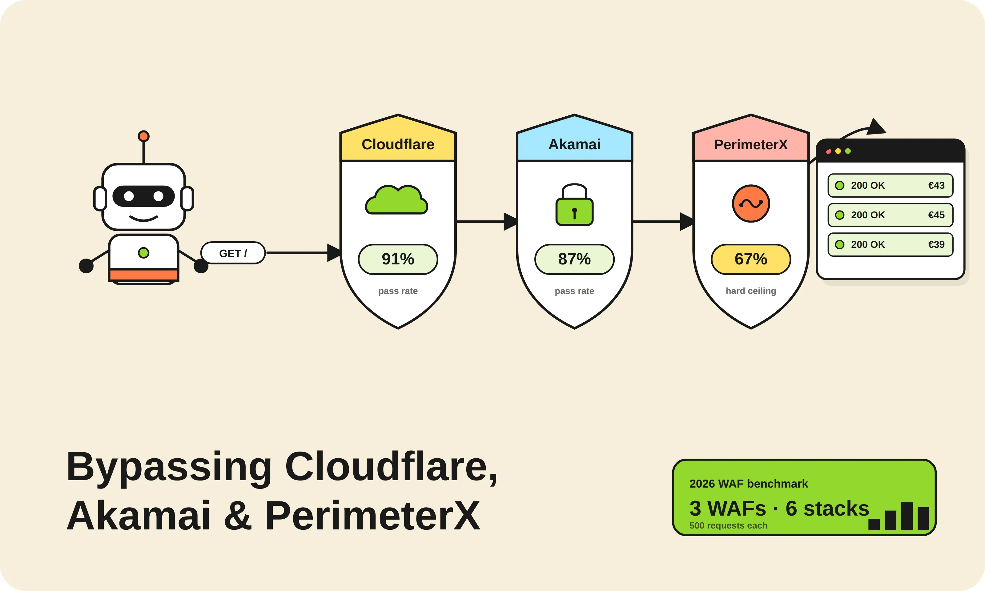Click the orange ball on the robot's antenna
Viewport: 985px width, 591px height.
coord(143,136)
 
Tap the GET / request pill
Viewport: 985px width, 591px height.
coord(233,253)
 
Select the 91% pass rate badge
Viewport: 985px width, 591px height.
coord(398,259)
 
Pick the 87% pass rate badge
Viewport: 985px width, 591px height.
coord(574,259)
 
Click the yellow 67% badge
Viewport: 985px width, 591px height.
coord(750,259)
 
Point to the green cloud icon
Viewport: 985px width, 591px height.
coord(396,200)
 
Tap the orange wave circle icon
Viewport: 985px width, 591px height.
coord(750,203)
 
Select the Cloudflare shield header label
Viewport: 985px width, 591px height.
coord(398,144)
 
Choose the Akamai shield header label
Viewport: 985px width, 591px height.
coord(574,144)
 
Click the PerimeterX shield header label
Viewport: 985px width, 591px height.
coord(750,144)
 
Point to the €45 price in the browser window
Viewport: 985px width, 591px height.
coord(936,215)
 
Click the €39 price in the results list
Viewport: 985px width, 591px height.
coord(936,244)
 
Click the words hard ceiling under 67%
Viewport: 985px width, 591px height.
coord(750,291)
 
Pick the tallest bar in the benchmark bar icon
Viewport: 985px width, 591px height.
coord(907,516)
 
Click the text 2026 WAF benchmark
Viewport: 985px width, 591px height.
coord(749,484)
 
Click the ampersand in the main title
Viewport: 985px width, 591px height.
coord(238,516)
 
